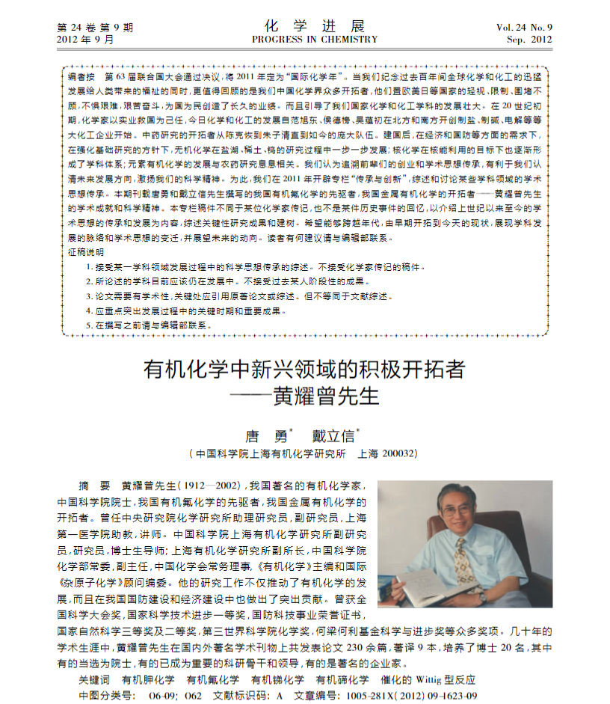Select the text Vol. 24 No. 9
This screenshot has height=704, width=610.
click(524, 28)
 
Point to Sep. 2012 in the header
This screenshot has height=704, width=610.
click(529, 40)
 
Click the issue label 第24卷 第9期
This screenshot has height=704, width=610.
click(95, 28)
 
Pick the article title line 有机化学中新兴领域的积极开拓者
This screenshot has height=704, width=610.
click(304, 370)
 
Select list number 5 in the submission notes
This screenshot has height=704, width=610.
click(90, 326)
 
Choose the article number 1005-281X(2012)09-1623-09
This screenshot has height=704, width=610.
click(406, 696)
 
